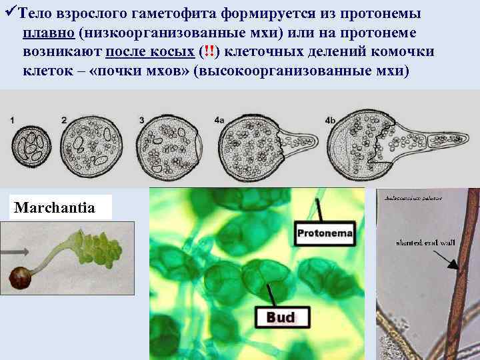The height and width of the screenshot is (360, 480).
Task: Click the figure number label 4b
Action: (x=330, y=119)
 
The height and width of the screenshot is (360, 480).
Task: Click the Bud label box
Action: (x=281, y=317)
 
